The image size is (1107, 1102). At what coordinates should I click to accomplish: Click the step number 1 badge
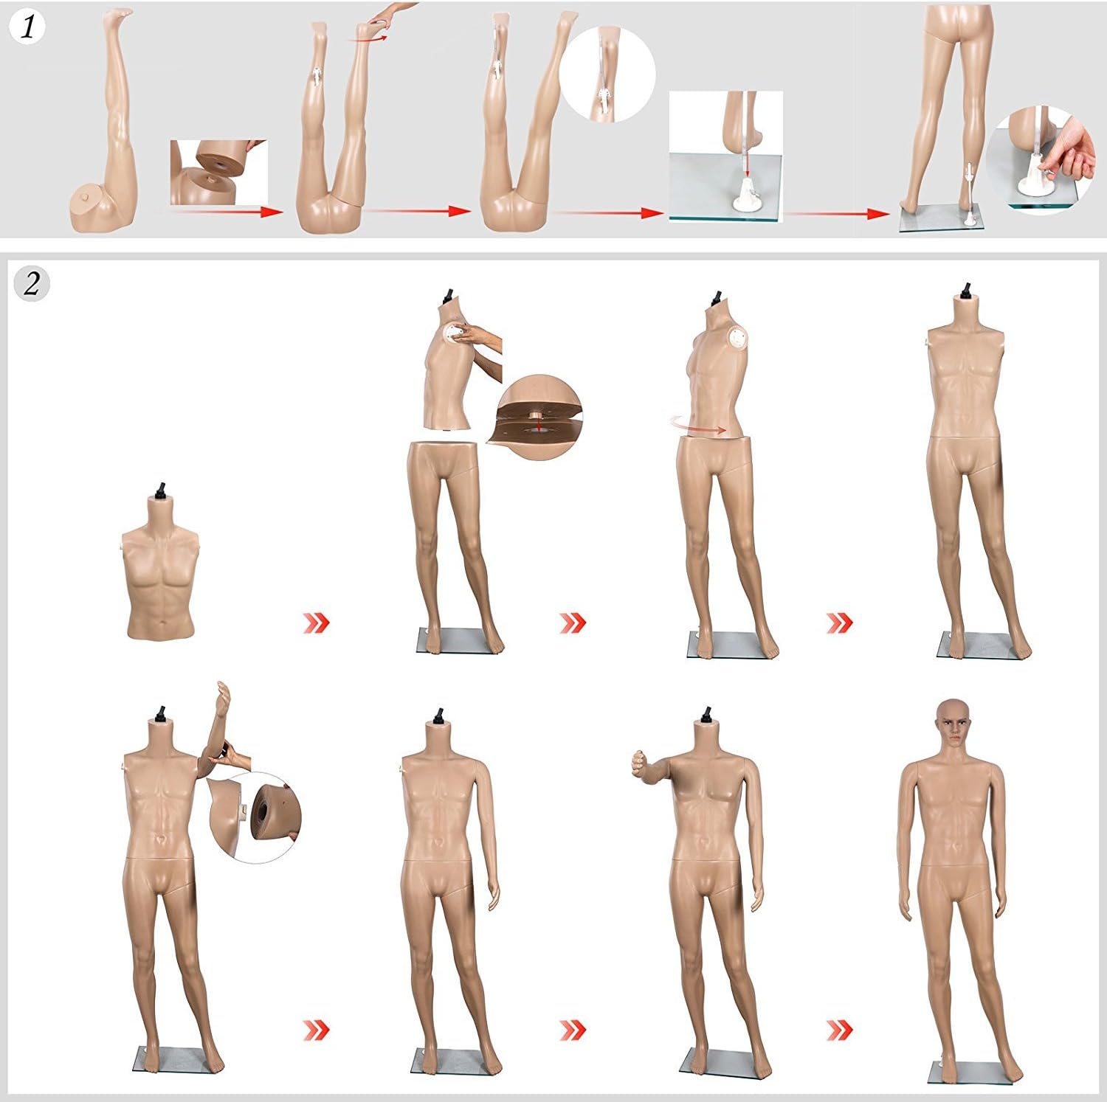tap(29, 27)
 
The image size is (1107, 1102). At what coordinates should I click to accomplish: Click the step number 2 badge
tap(32, 283)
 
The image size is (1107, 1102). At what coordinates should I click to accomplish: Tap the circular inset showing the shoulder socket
tap(255, 817)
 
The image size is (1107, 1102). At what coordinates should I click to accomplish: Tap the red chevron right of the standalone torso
tap(316, 623)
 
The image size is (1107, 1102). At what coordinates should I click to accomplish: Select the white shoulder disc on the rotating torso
tap(738, 340)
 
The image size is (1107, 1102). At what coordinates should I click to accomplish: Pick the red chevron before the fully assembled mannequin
tap(839, 1028)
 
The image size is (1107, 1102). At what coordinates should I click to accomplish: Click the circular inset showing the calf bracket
tap(607, 74)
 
